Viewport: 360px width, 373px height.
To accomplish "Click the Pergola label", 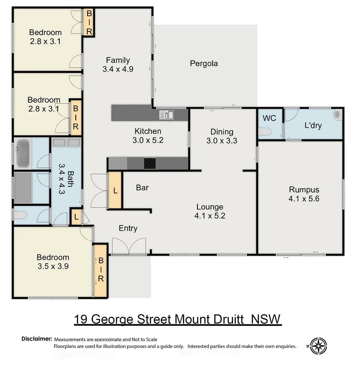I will click(204, 64).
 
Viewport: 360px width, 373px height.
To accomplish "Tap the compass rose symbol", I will click(318, 345).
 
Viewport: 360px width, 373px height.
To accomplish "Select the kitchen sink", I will click(167, 114).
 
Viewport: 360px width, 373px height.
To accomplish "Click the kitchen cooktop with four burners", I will click(149, 163).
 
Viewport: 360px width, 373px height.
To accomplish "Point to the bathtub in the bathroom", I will click(22, 153).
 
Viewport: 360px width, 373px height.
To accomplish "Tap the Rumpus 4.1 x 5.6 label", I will click(304, 194).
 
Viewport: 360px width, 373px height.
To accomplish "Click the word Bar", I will click(142, 188).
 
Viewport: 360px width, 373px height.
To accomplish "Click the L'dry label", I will click(313, 125).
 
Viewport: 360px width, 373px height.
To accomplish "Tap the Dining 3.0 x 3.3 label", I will click(222, 136).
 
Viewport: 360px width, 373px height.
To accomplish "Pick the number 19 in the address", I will click(82, 319).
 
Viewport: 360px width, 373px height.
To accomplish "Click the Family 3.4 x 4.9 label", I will click(118, 64).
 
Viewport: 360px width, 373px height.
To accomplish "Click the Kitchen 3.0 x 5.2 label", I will click(148, 136).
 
